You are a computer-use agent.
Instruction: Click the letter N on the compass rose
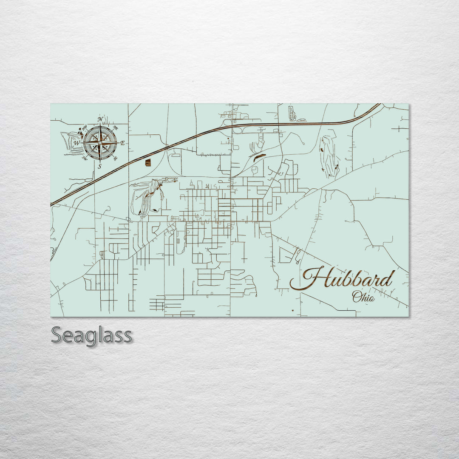pyautogui.click(x=101, y=119)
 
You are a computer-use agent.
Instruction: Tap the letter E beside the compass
pyautogui.click(x=123, y=143)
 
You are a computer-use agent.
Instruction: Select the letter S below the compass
pyautogui.click(x=100, y=166)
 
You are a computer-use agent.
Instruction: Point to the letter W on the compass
pyautogui.click(x=77, y=143)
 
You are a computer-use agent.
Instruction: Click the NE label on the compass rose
pyautogui.click(x=116, y=127)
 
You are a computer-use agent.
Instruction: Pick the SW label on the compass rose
pyautogui.click(x=85, y=159)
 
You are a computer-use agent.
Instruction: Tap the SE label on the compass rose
pyautogui.click(x=115, y=159)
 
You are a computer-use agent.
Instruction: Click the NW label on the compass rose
pyautogui.click(x=85, y=127)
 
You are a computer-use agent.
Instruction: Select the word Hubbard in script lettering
pyautogui.click(x=348, y=279)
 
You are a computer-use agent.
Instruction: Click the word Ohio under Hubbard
pyautogui.click(x=363, y=297)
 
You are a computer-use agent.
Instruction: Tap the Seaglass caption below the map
pyautogui.click(x=91, y=335)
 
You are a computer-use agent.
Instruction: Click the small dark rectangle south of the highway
pyautogui.click(x=148, y=162)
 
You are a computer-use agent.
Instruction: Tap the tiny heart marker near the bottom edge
pyautogui.click(x=293, y=310)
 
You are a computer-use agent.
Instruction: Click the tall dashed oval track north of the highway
pyautogui.click(x=292, y=113)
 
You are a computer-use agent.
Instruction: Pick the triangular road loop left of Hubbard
pyautogui.click(x=286, y=255)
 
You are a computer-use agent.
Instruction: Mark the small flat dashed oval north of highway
pyautogui.click(x=301, y=120)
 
